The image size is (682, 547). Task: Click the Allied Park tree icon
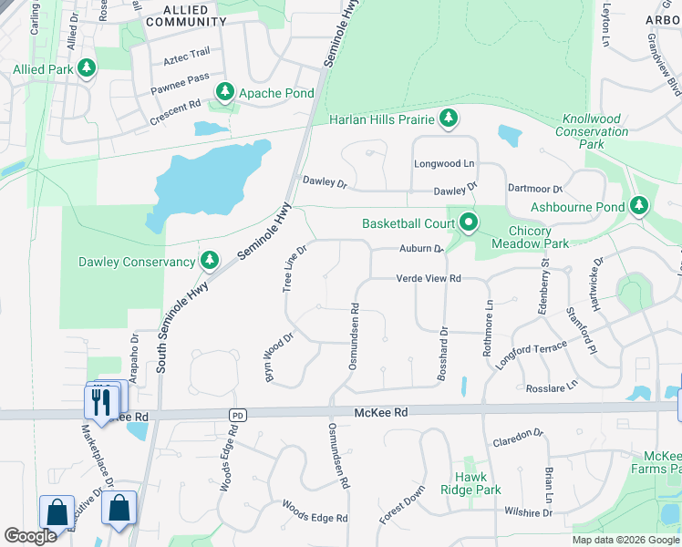click(x=87, y=68)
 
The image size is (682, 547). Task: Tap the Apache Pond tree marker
click(x=224, y=92)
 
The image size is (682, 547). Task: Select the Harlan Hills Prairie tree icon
click(x=448, y=118)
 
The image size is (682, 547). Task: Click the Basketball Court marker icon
click(x=469, y=222)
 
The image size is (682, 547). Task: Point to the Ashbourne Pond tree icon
click(x=639, y=207)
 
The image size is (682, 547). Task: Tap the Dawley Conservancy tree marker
click(x=210, y=262)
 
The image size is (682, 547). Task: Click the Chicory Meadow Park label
click(x=530, y=236)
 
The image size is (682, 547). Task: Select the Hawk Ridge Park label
click(x=478, y=483)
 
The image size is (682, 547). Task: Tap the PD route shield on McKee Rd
click(x=238, y=414)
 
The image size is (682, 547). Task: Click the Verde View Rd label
click(x=429, y=278)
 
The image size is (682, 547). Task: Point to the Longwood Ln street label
click(x=445, y=163)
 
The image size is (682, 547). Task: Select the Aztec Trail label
click(x=186, y=59)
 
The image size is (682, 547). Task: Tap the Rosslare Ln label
click(x=552, y=387)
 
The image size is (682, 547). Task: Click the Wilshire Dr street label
click(x=524, y=513)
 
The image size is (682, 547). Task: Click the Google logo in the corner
click(x=30, y=536)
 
